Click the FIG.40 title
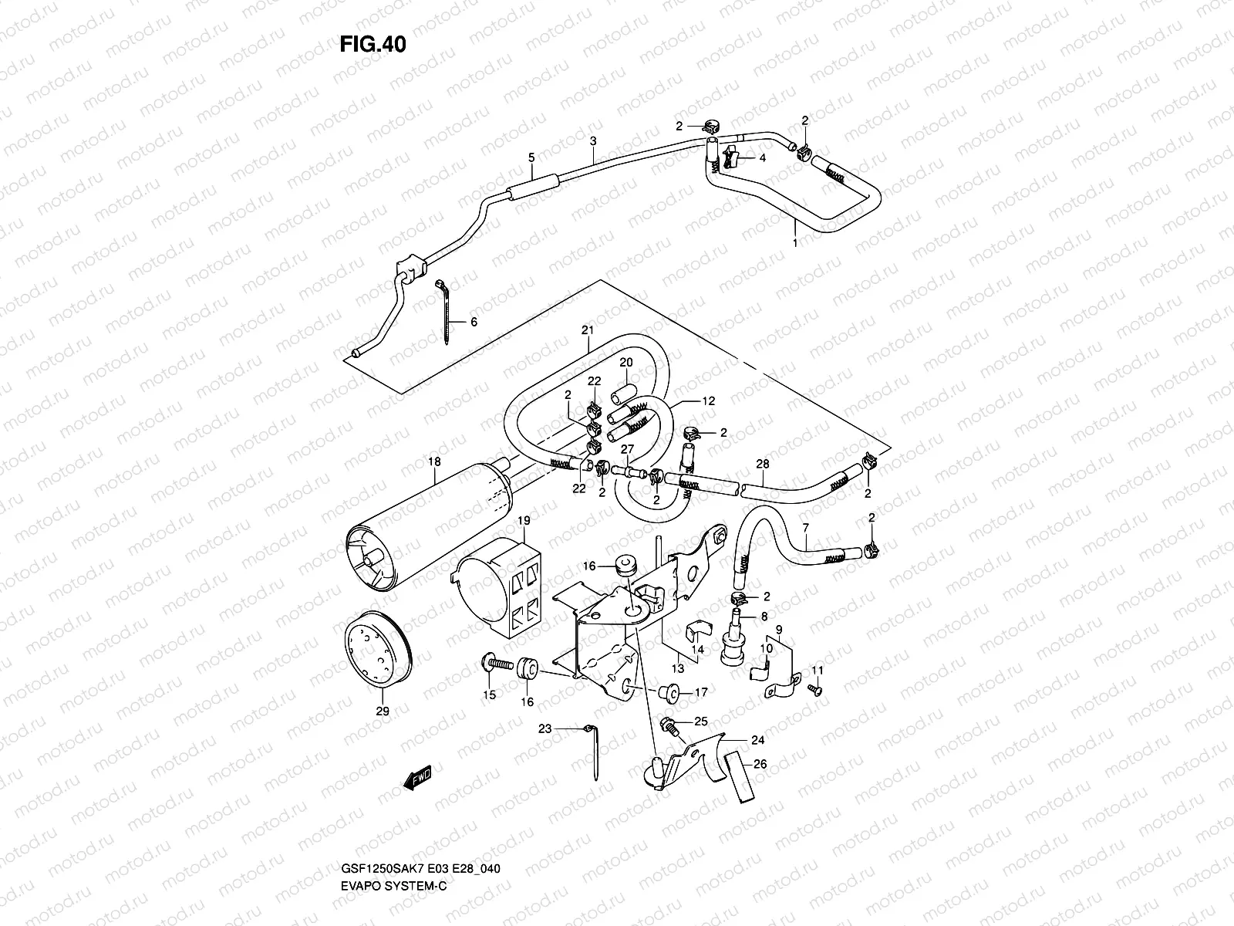click(372, 44)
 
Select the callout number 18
click(434, 461)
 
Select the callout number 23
click(545, 728)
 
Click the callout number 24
click(757, 740)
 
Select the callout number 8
click(764, 617)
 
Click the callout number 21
click(588, 330)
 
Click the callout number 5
click(531, 157)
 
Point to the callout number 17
click(701, 693)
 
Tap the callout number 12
click(708, 401)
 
